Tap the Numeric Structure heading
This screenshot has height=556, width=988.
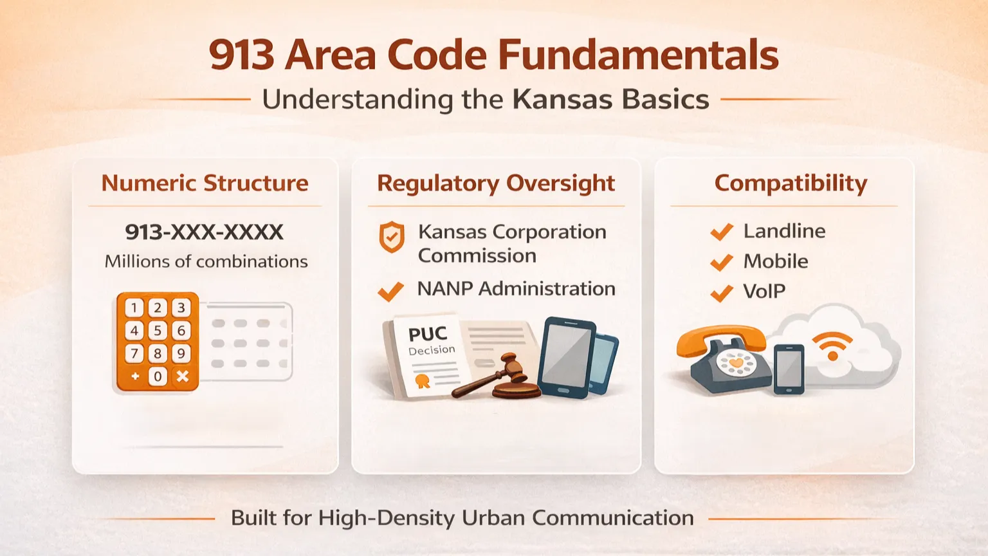coord(205,183)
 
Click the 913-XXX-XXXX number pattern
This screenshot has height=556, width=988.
coord(204,232)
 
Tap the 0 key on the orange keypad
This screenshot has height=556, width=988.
coord(158,376)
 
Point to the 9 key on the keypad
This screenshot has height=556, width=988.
coord(181,353)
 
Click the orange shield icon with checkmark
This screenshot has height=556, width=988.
coord(392,237)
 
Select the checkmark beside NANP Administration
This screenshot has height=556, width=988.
coord(390,291)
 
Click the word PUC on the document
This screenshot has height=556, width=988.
coord(427,334)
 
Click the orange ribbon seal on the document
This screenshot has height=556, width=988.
coord(422,381)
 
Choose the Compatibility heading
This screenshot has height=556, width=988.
coord(791,183)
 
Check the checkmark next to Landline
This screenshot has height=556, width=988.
coord(722,232)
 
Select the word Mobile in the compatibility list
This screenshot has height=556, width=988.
coord(775,261)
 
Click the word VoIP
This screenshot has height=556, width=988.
coord(764,292)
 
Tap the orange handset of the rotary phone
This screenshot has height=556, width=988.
coord(720,340)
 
